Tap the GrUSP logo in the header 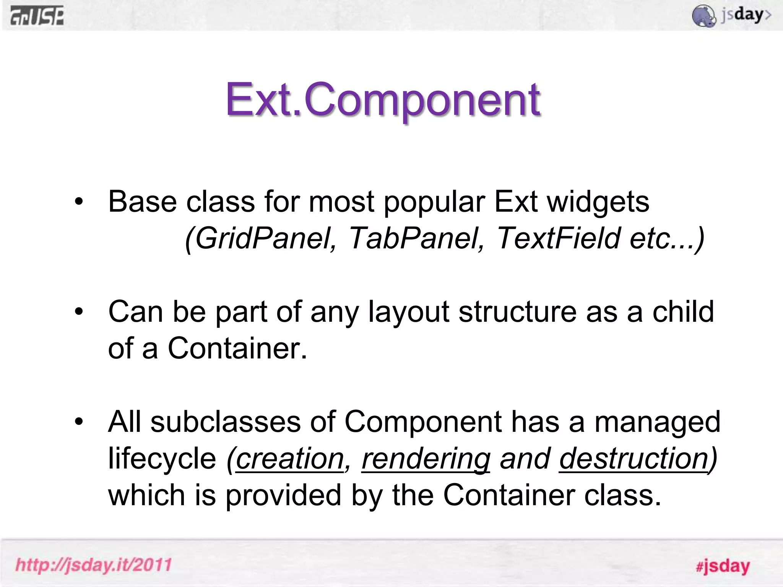[37, 16]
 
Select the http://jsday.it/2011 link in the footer [94, 565]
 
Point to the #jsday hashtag [723, 566]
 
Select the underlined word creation [290, 459]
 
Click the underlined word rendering [426, 459]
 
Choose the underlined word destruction [634, 459]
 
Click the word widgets [598, 202]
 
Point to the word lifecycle [162, 459]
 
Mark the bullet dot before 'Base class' [79, 202]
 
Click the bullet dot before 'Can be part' [79, 312]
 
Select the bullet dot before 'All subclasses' [79, 422]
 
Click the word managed [657, 422]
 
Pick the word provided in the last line [283, 495]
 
